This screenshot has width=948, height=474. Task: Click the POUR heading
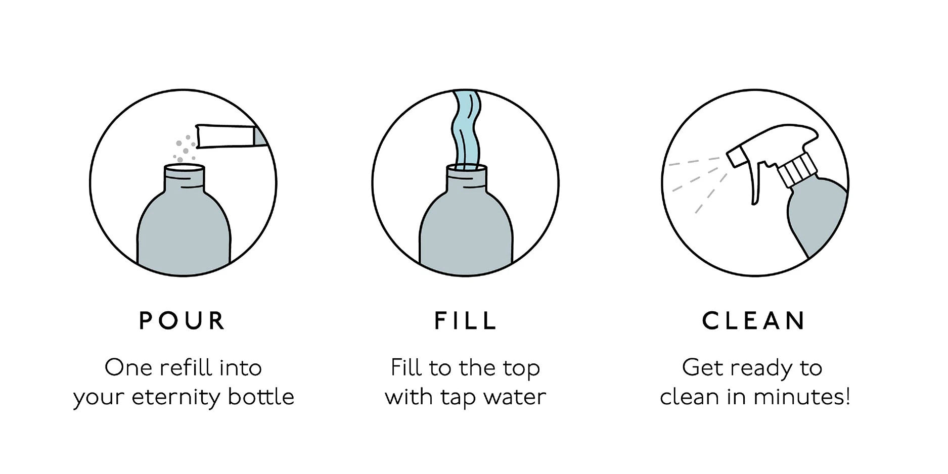tap(182, 321)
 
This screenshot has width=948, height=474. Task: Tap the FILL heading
tap(466, 321)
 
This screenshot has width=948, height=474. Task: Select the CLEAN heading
tap(754, 321)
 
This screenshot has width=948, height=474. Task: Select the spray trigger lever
tap(756, 182)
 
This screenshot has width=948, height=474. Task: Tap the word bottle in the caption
tap(261, 397)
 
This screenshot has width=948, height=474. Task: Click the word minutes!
tap(801, 397)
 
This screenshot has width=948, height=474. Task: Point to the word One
tap(128, 368)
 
